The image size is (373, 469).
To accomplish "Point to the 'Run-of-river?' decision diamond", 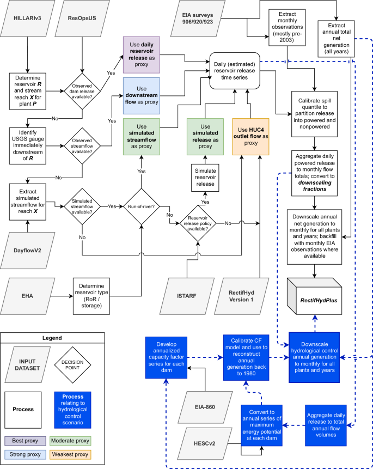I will (x=141, y=207).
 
